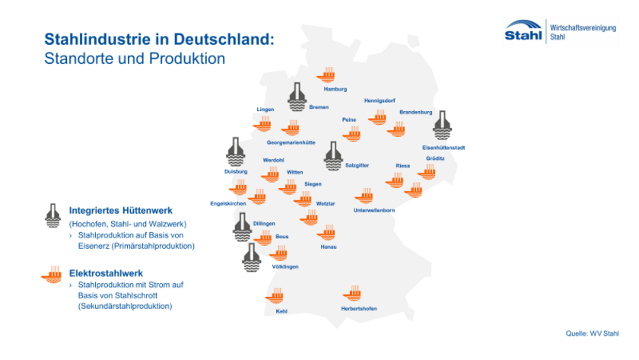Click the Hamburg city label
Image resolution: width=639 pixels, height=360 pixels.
pyautogui.click(x=335, y=89)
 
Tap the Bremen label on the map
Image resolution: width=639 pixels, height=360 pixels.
pyautogui.click(x=319, y=107)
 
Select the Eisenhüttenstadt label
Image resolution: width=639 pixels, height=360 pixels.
pyautogui.click(x=443, y=147)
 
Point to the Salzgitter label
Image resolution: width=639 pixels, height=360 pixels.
pyautogui.click(x=358, y=164)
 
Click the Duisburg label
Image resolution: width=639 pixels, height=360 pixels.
pyautogui.click(x=236, y=172)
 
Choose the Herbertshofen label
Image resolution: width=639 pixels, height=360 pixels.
pyautogui.click(x=359, y=308)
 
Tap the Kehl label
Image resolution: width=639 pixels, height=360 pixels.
pyautogui.click(x=281, y=311)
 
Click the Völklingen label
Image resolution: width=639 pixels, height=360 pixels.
pyautogui.click(x=285, y=266)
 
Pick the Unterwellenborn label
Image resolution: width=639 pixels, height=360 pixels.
pyautogui.click(x=374, y=210)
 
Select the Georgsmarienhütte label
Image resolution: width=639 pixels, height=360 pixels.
pyautogui.click(x=291, y=142)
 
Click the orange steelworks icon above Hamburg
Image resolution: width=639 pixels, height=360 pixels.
pyautogui.click(x=328, y=74)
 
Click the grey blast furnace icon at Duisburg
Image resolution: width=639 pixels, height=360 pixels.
pyautogui.click(x=236, y=151)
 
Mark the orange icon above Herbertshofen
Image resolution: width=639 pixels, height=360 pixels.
pyautogui.click(x=351, y=293)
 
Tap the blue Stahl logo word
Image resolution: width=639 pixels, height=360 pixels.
pyautogui.click(x=523, y=35)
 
